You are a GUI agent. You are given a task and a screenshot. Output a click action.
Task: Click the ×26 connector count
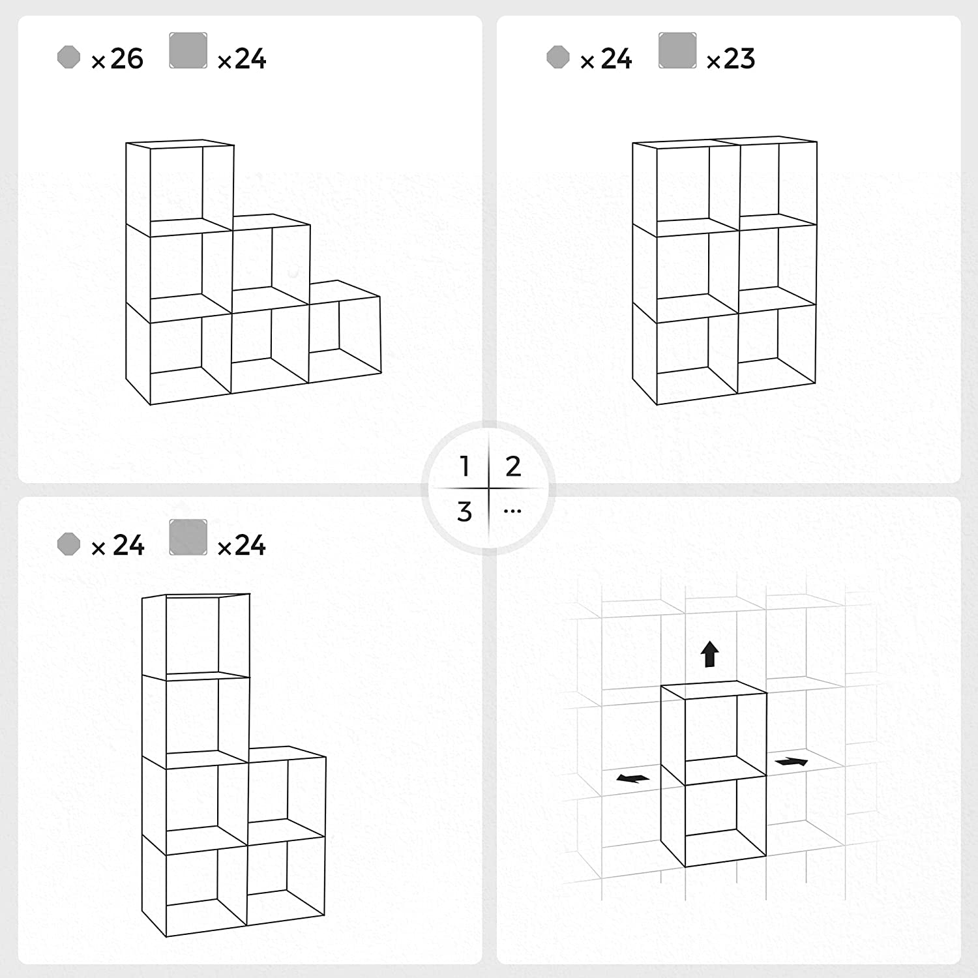(118, 59)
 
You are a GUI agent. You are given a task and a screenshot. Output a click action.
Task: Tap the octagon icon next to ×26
(68, 57)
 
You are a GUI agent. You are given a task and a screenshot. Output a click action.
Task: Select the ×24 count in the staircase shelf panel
(242, 59)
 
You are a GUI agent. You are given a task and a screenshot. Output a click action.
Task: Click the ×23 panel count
(731, 59)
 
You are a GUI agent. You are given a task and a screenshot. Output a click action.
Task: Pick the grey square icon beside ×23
(677, 51)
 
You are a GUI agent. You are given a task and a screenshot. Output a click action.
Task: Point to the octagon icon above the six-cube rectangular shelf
(557, 57)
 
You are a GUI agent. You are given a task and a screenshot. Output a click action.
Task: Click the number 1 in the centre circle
(464, 466)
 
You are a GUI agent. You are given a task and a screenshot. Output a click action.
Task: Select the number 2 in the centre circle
(513, 466)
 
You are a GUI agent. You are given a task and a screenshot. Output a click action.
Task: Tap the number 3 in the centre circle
(464, 512)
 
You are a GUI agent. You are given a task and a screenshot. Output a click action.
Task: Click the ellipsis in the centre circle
(512, 511)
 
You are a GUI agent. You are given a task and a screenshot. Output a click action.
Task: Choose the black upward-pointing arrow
(710, 654)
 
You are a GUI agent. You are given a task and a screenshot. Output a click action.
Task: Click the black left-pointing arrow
(632, 778)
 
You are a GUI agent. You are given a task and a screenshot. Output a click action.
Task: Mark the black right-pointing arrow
(792, 762)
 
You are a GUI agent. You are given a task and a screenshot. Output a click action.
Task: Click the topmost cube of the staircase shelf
(179, 186)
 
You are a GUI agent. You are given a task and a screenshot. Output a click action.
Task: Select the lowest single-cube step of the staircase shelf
(344, 336)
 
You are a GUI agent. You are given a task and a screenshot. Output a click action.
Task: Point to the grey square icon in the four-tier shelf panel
(188, 537)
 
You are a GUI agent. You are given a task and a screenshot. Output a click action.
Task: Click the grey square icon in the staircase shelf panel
(188, 51)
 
